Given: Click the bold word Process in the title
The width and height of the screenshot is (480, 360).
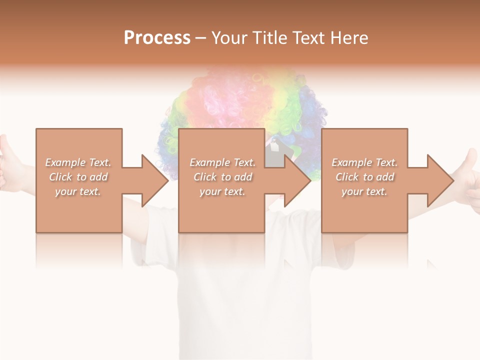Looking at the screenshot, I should click(157, 38).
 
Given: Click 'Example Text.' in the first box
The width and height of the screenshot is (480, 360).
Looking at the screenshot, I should click(78, 162).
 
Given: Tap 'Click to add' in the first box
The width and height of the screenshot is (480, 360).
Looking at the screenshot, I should click(78, 177).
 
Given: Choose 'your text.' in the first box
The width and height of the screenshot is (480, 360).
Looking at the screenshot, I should click(78, 191).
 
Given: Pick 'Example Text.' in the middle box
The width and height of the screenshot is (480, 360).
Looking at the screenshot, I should click(222, 162).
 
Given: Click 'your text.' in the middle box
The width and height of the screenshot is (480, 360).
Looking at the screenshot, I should click(222, 191).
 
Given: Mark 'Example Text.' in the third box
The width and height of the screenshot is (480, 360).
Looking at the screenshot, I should click(364, 162).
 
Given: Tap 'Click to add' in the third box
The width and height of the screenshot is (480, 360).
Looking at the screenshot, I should click(364, 177).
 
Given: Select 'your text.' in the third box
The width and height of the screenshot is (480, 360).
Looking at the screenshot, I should click(364, 191).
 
